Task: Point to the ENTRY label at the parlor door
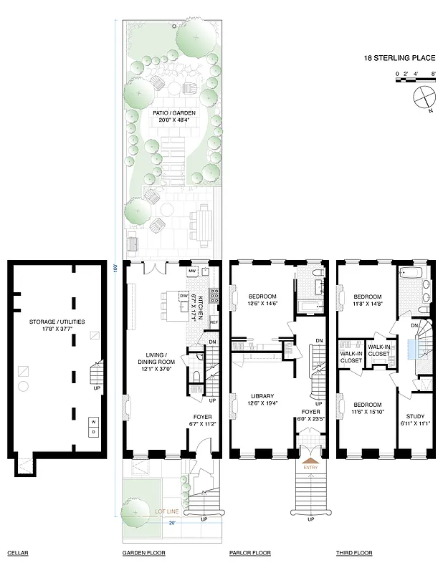click(310, 468)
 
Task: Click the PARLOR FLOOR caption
click(250, 554)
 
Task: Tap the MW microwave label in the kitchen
click(191, 271)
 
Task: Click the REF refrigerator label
click(213, 322)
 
